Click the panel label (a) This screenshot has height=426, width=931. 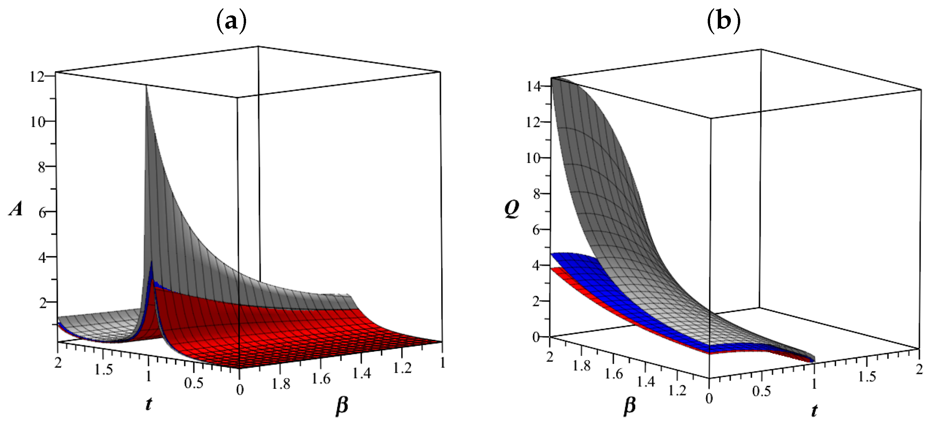tap(231, 22)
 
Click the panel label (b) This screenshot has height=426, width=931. tap(723, 22)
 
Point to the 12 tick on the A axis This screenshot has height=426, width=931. tap(37, 77)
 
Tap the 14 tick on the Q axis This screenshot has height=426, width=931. tap(533, 86)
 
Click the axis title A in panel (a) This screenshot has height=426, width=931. tap(16, 209)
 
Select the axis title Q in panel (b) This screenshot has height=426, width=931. tap(512, 209)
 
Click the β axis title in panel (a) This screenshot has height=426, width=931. tap(342, 405)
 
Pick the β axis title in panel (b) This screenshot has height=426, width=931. tap(630, 406)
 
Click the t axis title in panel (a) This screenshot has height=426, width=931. tap(149, 404)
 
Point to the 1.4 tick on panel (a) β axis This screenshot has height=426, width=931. tap(361, 373)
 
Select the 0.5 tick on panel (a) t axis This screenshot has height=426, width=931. tap(194, 383)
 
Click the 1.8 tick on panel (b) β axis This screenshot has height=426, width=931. tap(582, 366)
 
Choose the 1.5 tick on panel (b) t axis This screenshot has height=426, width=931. tap(867, 376)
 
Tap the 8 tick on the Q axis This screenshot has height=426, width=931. tap(536, 194)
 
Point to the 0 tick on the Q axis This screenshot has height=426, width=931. tap(536, 337)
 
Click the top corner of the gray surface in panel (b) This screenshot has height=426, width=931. tap(552, 78)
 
